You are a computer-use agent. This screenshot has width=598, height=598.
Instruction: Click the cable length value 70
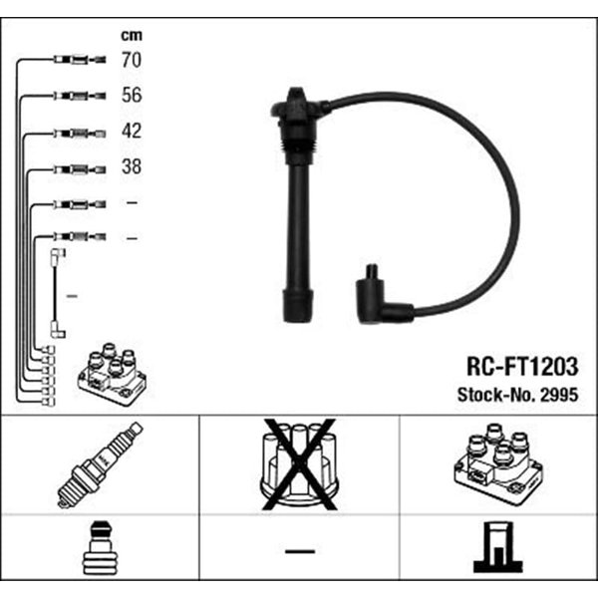click(x=132, y=60)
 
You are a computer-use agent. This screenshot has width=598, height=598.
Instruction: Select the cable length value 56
click(x=132, y=95)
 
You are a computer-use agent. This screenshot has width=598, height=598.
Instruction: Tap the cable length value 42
click(x=132, y=131)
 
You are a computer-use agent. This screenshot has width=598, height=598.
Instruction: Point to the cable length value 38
click(x=132, y=166)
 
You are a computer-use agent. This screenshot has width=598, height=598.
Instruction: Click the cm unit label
click(x=132, y=35)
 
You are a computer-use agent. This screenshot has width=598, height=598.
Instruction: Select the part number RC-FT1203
click(x=522, y=367)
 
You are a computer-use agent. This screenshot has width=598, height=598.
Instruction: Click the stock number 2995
click(x=560, y=395)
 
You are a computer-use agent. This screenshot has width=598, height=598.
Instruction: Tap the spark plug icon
click(x=100, y=464)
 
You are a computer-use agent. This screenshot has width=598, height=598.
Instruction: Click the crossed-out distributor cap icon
click(x=299, y=464)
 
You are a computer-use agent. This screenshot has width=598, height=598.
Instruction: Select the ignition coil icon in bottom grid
click(x=498, y=464)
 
